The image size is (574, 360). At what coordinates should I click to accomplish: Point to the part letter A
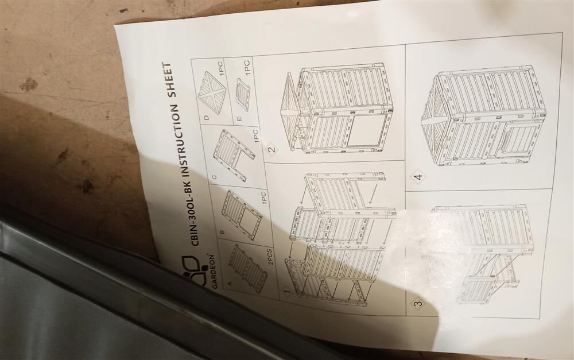(x=230, y=283)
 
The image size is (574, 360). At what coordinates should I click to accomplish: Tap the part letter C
(x=214, y=177)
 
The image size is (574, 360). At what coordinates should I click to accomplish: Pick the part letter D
(x=207, y=118)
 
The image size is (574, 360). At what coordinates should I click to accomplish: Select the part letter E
(x=239, y=118)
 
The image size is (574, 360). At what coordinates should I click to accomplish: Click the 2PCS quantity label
(x=270, y=257)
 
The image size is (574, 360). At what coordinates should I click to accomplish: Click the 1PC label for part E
(x=247, y=68)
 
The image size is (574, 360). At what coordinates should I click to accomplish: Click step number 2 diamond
(x=272, y=149)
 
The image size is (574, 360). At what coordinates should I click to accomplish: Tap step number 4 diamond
(x=418, y=176)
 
